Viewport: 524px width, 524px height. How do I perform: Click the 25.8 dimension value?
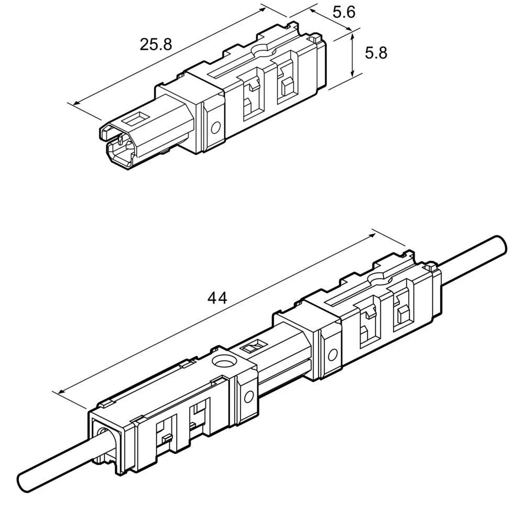tap(156, 45)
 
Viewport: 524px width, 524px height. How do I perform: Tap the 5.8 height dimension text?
tap(376, 53)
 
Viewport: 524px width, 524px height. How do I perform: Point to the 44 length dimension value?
tap(217, 298)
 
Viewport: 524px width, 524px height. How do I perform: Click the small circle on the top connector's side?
tap(214, 127)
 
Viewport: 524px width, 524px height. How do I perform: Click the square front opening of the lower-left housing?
tap(107, 443)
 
